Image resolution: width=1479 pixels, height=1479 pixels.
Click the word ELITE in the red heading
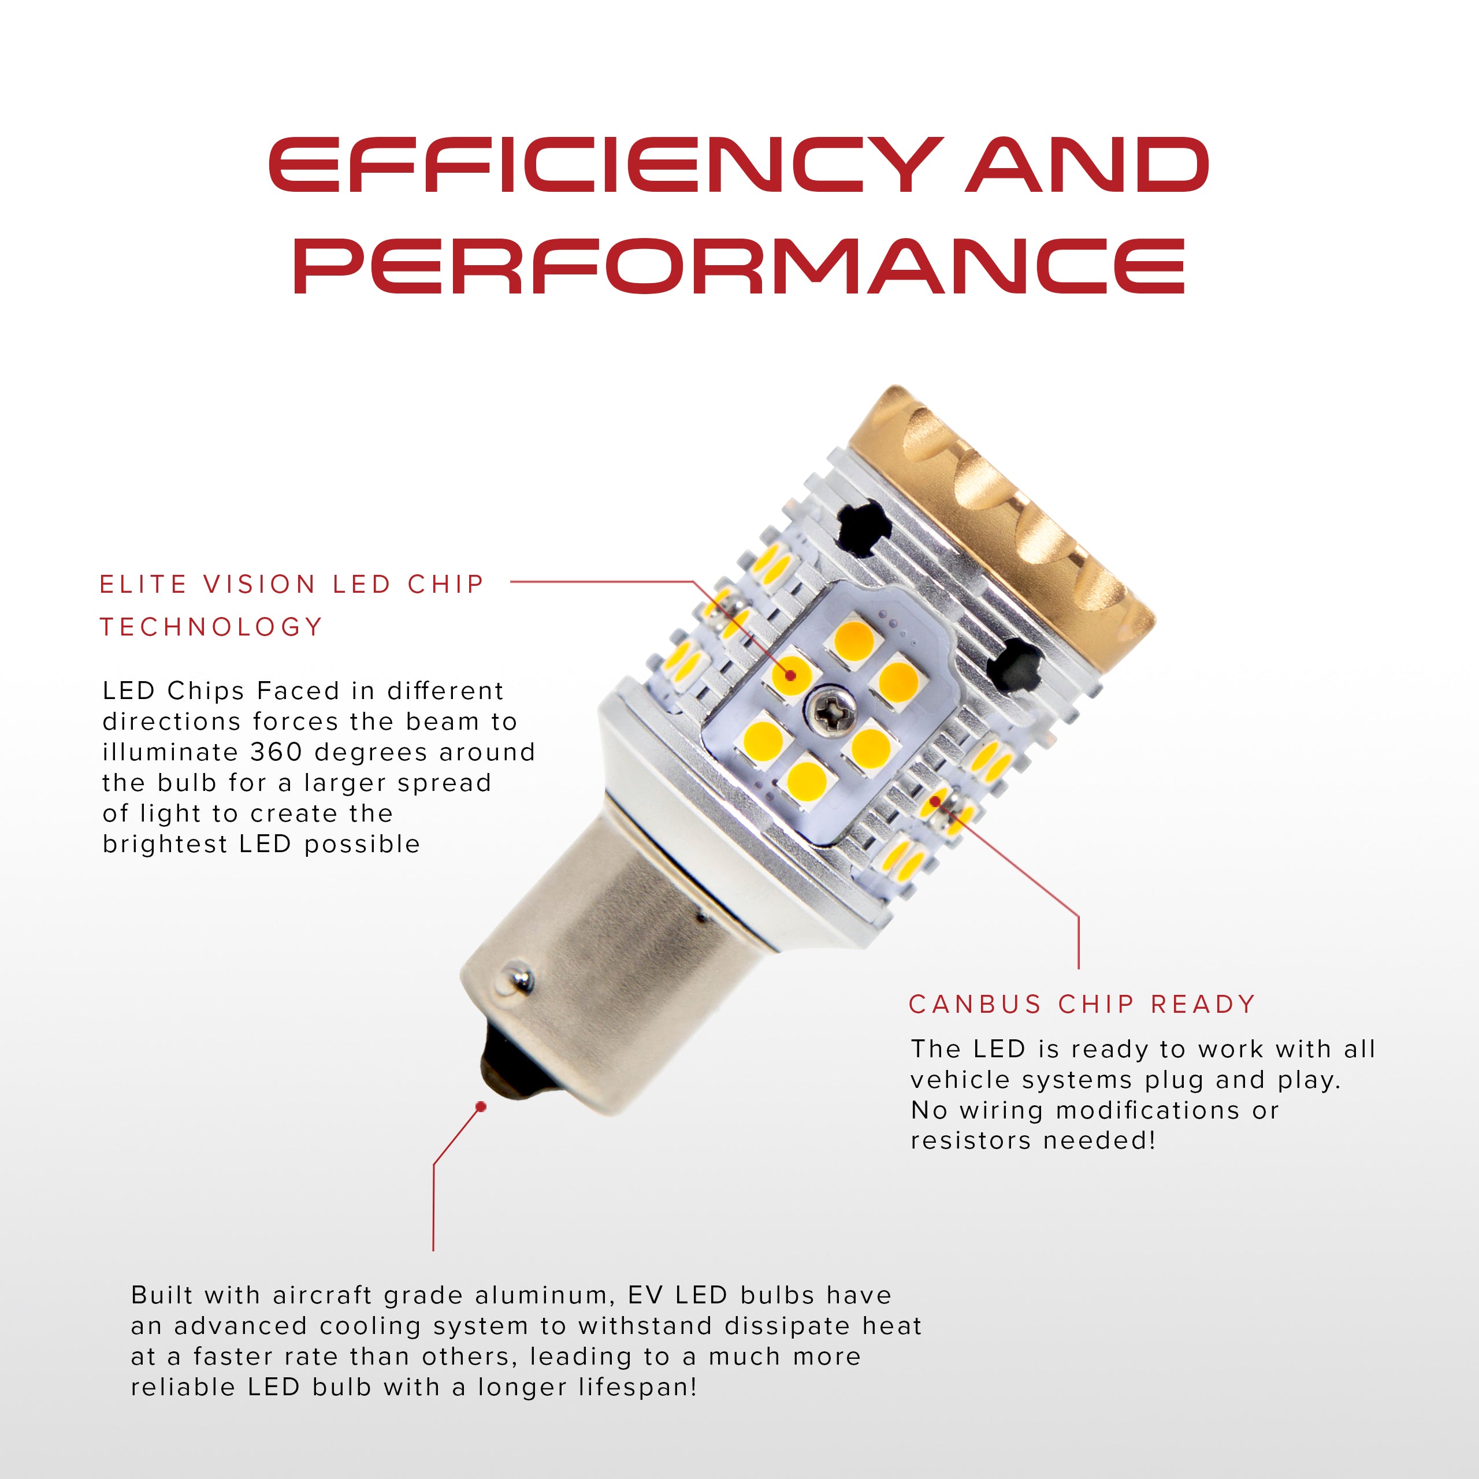click(x=143, y=584)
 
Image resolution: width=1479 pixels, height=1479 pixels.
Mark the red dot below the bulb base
click(x=481, y=1107)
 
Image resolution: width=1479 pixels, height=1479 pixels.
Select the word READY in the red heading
click(x=1203, y=1004)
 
